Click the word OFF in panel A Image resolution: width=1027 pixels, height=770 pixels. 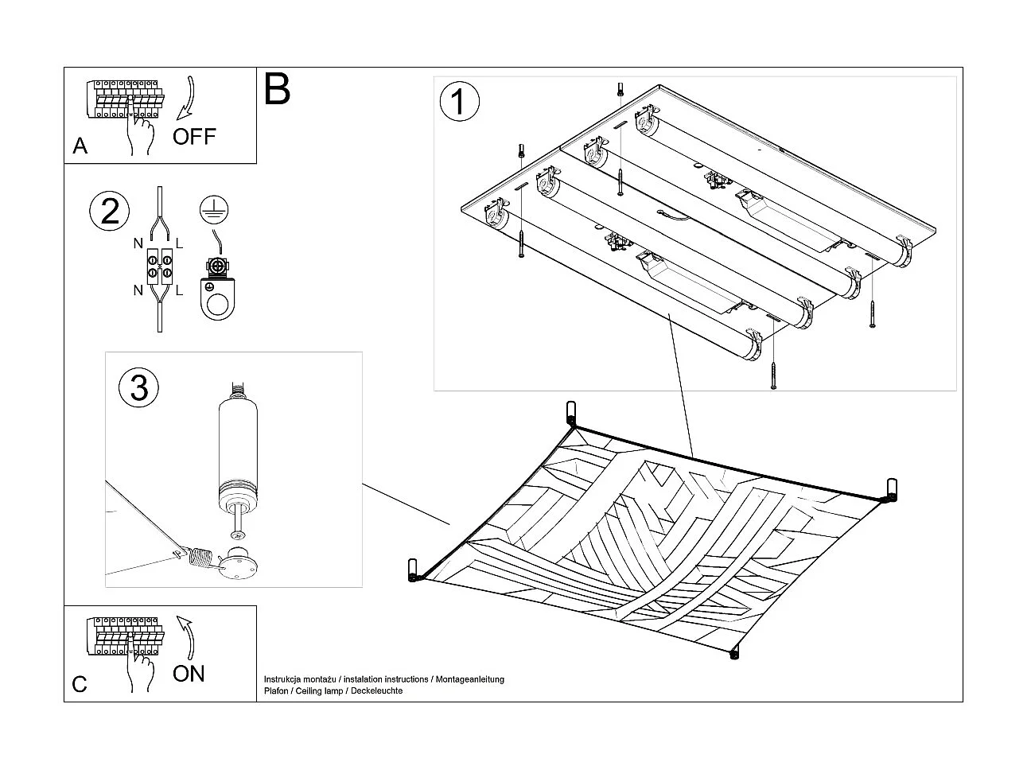tap(194, 136)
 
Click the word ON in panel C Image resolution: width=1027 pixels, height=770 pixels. tap(189, 674)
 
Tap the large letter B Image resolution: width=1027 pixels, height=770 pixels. tap(277, 89)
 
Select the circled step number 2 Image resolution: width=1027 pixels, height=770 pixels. tap(110, 211)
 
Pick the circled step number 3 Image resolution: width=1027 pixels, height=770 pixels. tap(138, 387)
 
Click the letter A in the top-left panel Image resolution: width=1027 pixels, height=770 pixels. tap(80, 146)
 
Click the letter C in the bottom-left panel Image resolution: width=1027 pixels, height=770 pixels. tap(80, 684)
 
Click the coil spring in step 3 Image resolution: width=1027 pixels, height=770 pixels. tap(203, 557)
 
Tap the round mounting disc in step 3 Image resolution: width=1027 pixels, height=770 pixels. tap(237, 564)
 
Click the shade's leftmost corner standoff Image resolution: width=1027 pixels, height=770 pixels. tap(413, 570)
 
